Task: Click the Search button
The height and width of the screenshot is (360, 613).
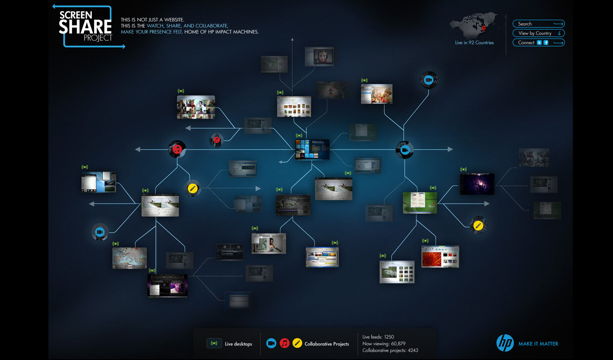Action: (x=538, y=24)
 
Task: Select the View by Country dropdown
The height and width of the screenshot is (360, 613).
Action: (x=538, y=33)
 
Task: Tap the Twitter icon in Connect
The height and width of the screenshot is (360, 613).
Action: (x=539, y=43)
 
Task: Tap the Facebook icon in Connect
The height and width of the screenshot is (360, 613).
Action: (x=546, y=43)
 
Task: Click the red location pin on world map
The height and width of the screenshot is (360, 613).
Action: (x=484, y=28)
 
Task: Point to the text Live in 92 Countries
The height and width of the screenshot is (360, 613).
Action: (x=474, y=43)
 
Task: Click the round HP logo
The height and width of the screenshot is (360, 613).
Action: (x=505, y=343)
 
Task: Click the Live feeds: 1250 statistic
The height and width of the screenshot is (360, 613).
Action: (x=378, y=337)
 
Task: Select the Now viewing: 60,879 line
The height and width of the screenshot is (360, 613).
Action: (x=384, y=344)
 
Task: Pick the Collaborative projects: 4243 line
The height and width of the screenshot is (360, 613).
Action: (x=390, y=351)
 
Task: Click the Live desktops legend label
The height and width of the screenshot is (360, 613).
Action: (x=238, y=344)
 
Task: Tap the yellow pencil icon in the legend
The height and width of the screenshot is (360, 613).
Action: (x=297, y=343)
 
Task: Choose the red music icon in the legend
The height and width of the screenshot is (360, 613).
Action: (x=284, y=343)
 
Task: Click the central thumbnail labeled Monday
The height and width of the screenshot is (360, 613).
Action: (x=312, y=149)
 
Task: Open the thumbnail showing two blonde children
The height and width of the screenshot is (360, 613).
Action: (x=377, y=94)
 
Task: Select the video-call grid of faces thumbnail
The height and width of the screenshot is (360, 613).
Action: (x=196, y=107)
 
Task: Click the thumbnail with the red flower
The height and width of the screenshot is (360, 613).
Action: (x=440, y=256)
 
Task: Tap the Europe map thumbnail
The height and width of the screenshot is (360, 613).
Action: (x=129, y=258)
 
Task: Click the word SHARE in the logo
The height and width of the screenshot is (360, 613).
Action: (x=85, y=27)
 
